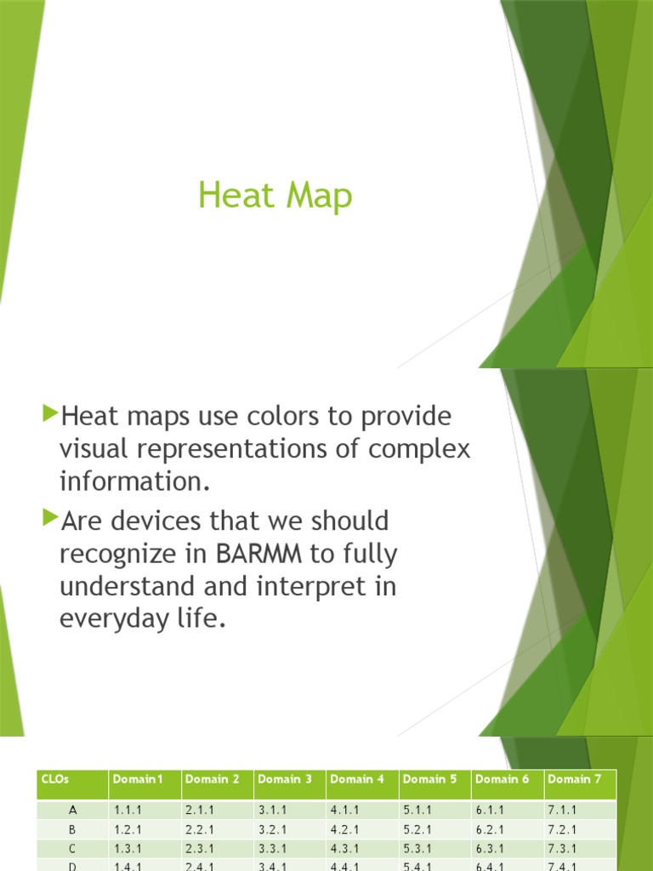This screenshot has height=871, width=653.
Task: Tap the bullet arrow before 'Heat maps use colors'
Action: (x=48, y=414)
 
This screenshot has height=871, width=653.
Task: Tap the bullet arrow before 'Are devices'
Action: (x=48, y=516)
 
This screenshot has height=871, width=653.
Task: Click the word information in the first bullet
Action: (x=133, y=482)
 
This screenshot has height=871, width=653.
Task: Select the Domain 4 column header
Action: (x=357, y=779)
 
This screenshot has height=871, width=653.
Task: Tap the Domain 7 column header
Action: (x=574, y=779)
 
